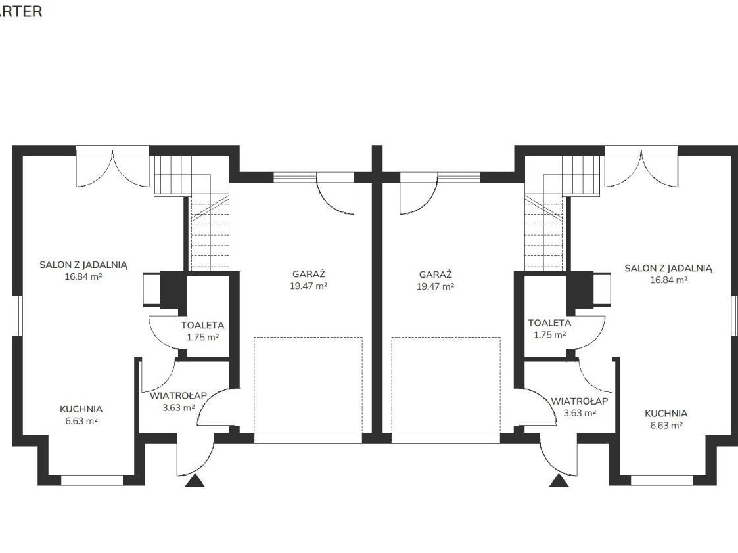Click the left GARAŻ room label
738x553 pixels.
tap(309, 274)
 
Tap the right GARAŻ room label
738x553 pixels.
tap(435, 275)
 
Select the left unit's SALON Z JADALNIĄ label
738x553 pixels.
tap(83, 265)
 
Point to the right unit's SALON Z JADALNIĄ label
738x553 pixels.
tap(668, 269)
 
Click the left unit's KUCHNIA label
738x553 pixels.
tap(81, 409)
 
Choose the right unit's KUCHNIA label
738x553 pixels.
tap(666, 413)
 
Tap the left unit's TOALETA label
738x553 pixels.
tap(202, 325)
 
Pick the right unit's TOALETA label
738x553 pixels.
tap(549, 323)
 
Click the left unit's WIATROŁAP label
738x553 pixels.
tap(178, 396)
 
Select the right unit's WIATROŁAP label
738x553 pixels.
tap(580, 401)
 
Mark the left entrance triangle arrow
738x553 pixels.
tap(195, 481)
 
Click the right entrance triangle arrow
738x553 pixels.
tap(559, 481)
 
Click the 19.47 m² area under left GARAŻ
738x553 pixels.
tap(309, 286)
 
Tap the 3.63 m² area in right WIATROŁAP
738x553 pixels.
tap(580, 413)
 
